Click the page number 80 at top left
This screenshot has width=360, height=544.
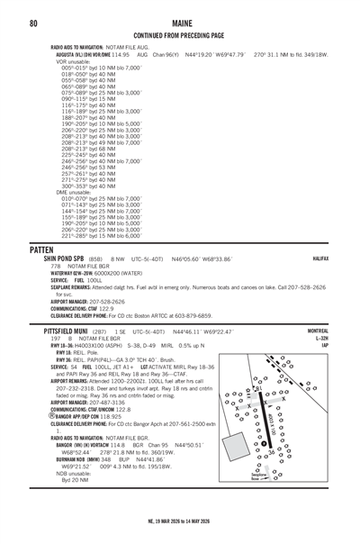coord(33,23)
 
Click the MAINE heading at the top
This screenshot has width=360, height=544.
coord(180,23)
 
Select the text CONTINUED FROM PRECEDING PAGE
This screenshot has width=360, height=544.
coord(180,35)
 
